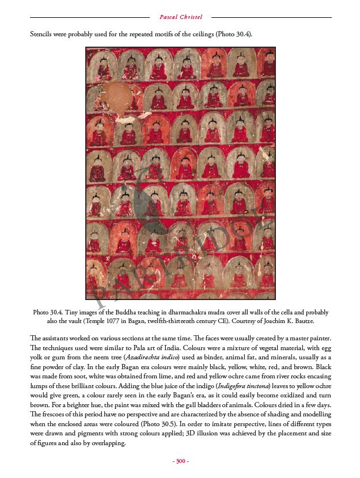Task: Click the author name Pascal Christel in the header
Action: pyautogui.click(x=180, y=17)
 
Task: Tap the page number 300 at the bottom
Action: pyautogui.click(x=181, y=461)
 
